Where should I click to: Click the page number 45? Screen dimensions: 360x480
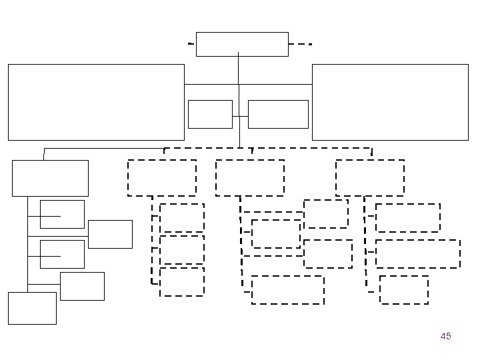coord(446,336)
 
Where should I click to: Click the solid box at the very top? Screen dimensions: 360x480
coord(243,44)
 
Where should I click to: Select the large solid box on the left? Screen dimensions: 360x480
coord(96,102)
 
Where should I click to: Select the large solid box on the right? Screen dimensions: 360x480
coord(390,102)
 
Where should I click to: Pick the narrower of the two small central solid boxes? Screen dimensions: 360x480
coord(210,114)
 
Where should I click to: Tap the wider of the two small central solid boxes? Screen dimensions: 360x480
coord(278,114)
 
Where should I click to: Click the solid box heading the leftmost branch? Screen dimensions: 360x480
coord(50,178)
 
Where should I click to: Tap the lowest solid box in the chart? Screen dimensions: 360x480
coord(32,308)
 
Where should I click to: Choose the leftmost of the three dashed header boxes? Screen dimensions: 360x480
coord(162,177)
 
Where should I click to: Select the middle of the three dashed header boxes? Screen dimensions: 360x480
coord(250,177)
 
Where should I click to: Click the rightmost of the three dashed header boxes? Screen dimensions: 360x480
coord(370,177)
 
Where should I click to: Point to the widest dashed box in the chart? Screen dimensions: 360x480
coord(418,254)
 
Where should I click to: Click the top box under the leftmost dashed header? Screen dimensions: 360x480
coord(182,218)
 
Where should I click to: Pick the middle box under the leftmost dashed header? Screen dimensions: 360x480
coord(182,250)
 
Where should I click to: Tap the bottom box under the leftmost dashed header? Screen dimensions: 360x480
coord(182,281)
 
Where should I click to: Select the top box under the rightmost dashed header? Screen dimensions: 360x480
coord(408,218)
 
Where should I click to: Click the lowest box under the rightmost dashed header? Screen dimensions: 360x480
coord(404,290)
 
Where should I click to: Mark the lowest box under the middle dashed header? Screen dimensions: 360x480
coord(288,290)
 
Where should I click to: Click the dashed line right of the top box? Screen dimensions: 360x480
coord(301,44)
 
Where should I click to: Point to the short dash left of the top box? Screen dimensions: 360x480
coord(191,43)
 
